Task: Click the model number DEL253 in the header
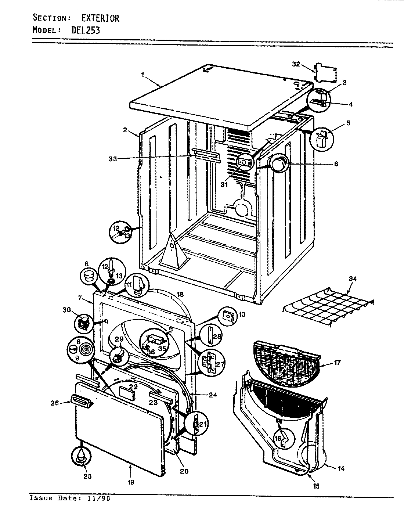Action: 85,30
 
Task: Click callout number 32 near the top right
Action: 296,64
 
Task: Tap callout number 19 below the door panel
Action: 131,482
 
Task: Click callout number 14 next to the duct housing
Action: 341,469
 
